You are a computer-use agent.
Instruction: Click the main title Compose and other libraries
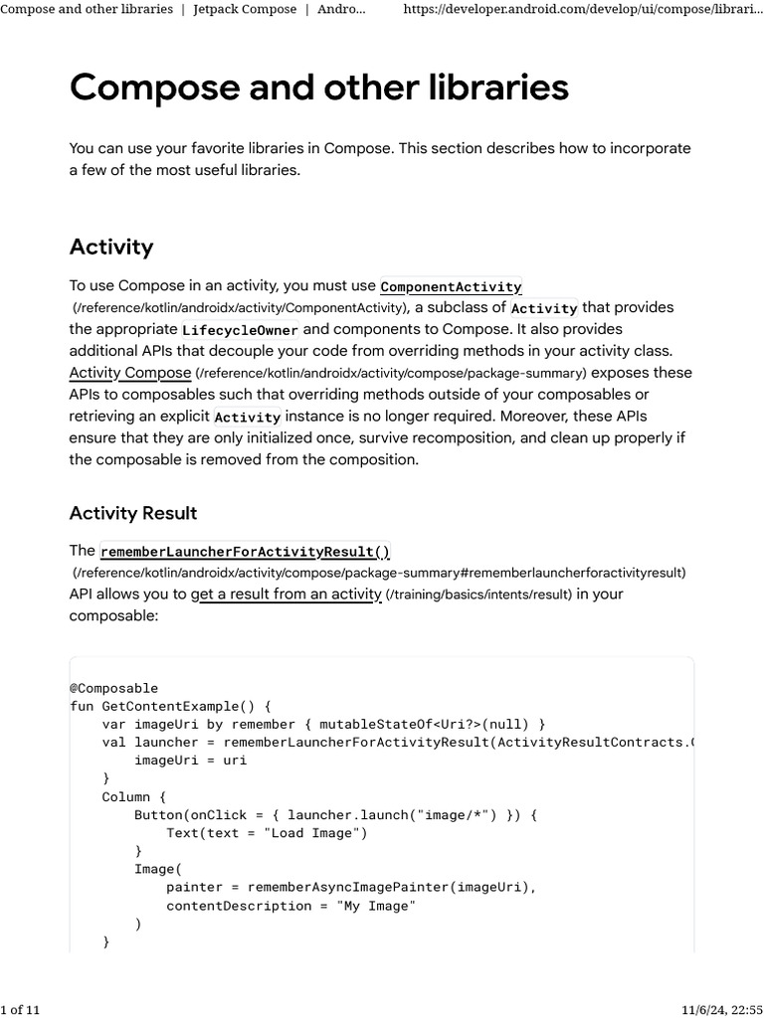coord(318,88)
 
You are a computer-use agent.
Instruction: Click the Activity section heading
coord(110,247)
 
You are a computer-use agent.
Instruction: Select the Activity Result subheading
coord(132,513)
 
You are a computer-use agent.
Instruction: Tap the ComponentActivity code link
coord(451,287)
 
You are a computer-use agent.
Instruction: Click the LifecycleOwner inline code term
coord(240,330)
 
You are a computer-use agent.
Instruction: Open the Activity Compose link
coord(129,373)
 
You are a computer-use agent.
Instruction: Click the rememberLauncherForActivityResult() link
coord(245,552)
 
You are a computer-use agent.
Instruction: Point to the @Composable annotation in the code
coord(113,688)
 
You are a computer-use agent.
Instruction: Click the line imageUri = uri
coord(190,761)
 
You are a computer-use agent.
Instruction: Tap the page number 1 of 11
coord(21,1010)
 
